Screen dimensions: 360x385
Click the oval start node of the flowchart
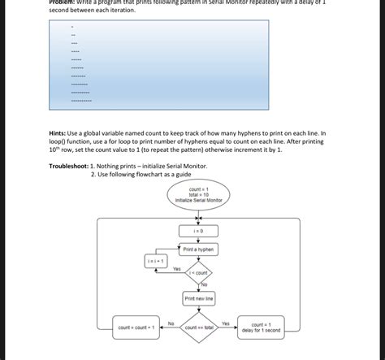point(198,194)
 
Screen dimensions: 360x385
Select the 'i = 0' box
point(198,231)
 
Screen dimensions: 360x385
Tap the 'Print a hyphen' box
point(198,249)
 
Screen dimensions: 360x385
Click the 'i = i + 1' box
point(156,261)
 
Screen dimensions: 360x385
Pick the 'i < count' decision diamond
point(198,274)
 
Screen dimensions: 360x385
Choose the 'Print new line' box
point(198,299)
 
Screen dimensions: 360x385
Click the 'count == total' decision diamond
point(198,327)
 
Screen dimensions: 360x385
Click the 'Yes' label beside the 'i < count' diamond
point(177,269)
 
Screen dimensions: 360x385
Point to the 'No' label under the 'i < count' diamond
point(204,285)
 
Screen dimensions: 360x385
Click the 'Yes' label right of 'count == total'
point(226,323)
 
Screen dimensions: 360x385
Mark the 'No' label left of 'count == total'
point(171,323)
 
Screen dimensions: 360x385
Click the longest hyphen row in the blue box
point(81,101)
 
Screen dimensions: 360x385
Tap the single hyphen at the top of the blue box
point(72,27)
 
